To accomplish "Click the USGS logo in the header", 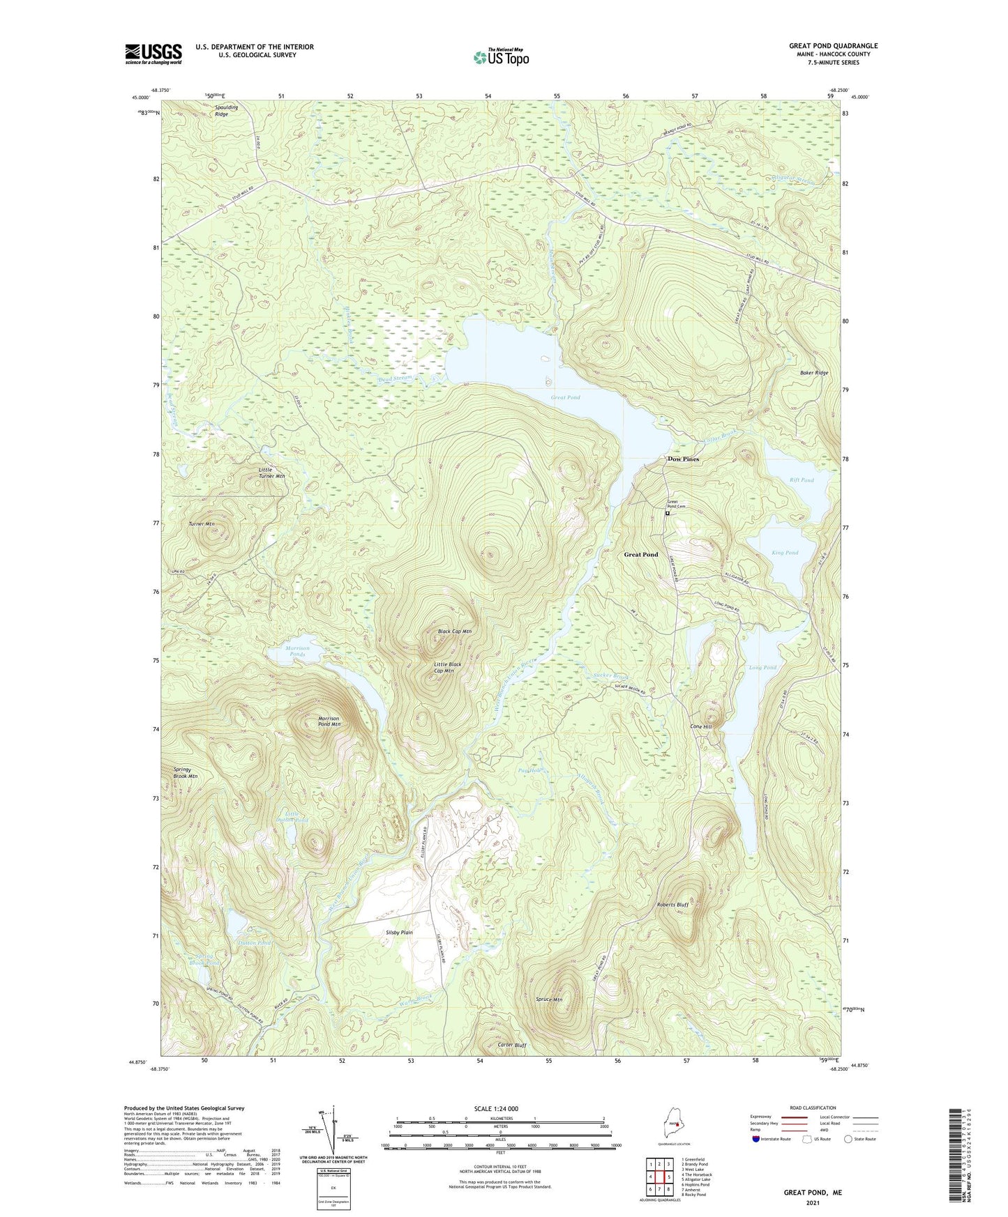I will pyautogui.click(x=153, y=54).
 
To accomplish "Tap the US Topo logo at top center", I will pyautogui.click(x=501, y=57).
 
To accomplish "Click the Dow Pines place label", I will pyautogui.click(x=683, y=459).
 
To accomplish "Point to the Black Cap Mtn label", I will pyautogui.click(x=455, y=632).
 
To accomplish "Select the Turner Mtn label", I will pyautogui.click(x=202, y=523).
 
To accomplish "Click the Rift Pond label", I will pyautogui.click(x=802, y=480).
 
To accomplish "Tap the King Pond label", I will pyautogui.click(x=785, y=553).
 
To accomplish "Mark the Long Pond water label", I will pyautogui.click(x=762, y=668).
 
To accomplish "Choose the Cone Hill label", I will pyautogui.click(x=701, y=726).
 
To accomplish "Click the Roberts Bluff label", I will pyautogui.click(x=672, y=905).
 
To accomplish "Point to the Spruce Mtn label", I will pyautogui.click(x=548, y=1000).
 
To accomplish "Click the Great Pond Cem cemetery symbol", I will pyautogui.click(x=667, y=514).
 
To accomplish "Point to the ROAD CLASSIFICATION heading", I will pyautogui.click(x=813, y=1108).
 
